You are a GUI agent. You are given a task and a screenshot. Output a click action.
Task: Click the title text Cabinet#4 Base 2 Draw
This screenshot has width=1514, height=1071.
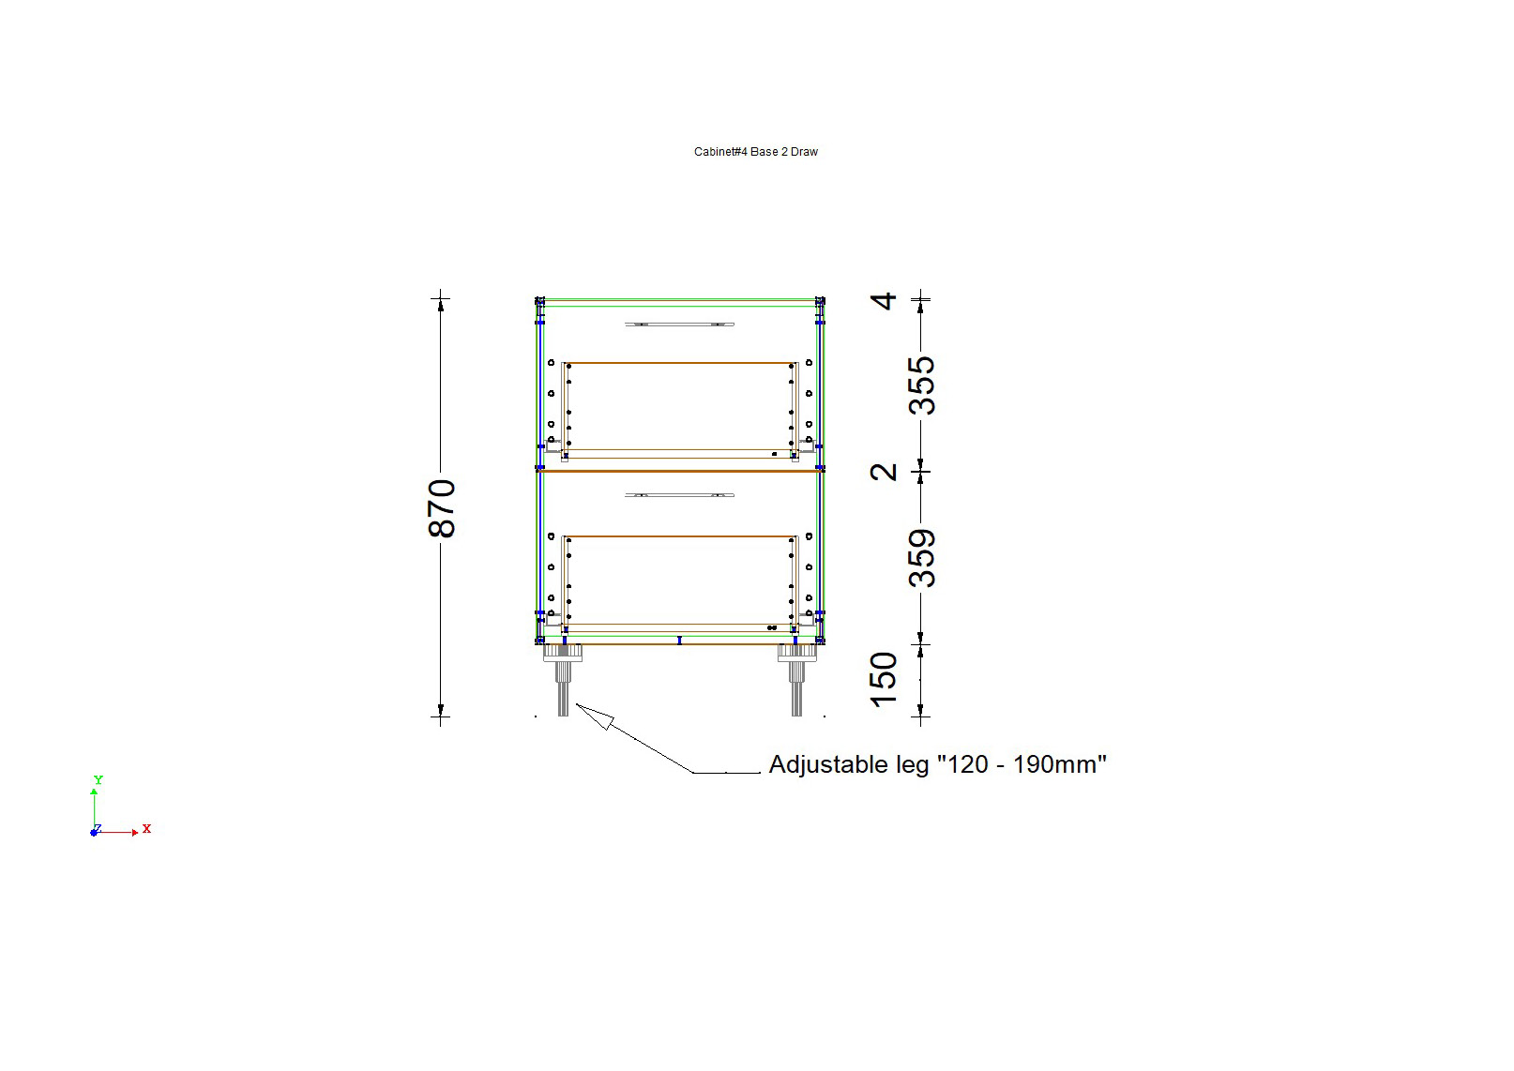[755, 152]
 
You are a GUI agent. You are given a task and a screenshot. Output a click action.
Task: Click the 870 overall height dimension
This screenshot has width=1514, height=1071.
[442, 508]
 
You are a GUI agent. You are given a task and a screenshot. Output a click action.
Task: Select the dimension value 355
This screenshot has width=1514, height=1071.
[922, 385]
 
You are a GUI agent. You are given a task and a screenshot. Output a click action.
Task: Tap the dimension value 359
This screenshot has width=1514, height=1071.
[922, 558]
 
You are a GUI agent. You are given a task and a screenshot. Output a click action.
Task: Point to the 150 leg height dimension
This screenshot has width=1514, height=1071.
[884, 679]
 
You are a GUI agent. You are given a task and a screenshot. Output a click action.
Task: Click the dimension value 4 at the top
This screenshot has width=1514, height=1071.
[884, 301]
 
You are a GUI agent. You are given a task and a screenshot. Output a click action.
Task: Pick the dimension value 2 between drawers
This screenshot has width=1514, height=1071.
[884, 472]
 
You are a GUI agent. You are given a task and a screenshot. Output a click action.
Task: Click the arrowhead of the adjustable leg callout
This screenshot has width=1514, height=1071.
[593, 715]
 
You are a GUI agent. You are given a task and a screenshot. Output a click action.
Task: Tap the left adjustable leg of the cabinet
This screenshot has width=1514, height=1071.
[563, 680]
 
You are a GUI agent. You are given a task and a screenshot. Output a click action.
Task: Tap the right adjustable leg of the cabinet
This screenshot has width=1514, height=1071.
[796, 680]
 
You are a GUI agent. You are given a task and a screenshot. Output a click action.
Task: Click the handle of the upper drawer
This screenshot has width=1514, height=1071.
[679, 324]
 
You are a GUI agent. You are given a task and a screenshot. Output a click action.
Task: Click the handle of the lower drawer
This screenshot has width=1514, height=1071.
[679, 495]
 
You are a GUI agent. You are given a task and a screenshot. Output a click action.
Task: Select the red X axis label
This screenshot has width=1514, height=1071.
[146, 829]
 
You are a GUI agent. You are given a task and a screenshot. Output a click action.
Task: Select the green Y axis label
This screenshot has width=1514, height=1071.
[98, 780]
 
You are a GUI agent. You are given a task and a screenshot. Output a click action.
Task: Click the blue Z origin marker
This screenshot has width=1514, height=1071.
[94, 833]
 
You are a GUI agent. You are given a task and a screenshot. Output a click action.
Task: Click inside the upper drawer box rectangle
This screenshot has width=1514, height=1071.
[679, 406]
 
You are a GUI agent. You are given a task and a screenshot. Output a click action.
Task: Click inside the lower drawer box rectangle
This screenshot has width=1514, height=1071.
[679, 580]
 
